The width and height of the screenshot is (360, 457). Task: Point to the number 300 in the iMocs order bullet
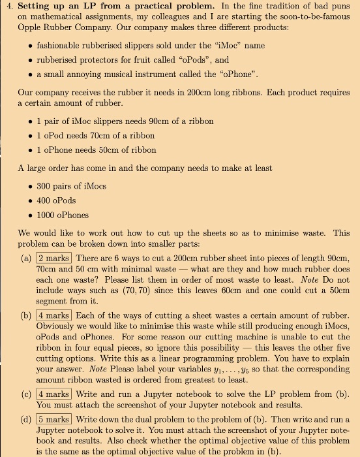click(45, 186)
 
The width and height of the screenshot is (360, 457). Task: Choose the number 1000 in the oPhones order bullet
click(48, 215)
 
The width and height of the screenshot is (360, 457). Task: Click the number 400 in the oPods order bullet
click(45, 200)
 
